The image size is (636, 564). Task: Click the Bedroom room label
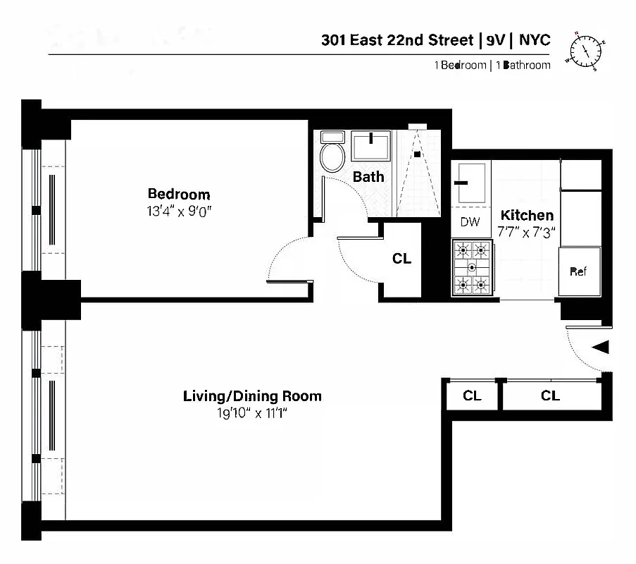178,194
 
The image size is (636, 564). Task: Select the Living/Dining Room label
252,396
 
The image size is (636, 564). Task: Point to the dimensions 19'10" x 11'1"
252,413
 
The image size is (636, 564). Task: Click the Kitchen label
526,215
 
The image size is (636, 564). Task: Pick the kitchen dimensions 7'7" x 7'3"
526,231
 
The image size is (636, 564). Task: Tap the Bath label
368,176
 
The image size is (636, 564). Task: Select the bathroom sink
371,146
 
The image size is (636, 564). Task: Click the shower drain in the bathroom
417,154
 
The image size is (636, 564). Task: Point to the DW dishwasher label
470,222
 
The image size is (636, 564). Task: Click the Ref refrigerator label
578,271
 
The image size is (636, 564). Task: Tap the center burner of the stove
472,267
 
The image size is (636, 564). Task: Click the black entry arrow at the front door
600,347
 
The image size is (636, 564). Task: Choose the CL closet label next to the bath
401,259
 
